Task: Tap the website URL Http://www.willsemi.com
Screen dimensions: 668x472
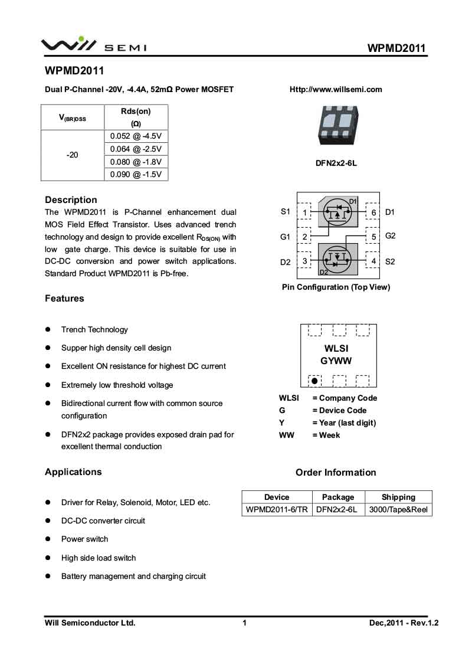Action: point(336,90)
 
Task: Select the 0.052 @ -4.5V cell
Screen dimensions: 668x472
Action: point(136,136)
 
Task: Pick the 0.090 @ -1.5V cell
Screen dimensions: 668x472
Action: point(136,175)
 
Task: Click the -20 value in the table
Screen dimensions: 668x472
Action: point(73,155)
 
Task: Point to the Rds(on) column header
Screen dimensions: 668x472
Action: point(136,117)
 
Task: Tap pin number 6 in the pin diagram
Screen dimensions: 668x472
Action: point(373,212)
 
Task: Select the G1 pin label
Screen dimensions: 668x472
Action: point(285,237)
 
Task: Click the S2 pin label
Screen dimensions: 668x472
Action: point(390,261)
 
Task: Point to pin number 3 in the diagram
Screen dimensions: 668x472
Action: point(304,261)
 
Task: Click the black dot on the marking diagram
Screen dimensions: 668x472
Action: point(314,381)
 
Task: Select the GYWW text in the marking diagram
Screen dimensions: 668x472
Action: point(336,361)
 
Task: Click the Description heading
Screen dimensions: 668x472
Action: point(71,199)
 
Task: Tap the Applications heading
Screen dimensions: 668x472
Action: point(73,471)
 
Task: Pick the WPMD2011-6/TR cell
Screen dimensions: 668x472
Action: point(277,509)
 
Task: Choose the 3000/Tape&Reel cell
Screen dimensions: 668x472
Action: point(398,509)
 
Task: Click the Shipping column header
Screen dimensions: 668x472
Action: point(398,497)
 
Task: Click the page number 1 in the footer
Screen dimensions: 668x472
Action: point(244,623)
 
